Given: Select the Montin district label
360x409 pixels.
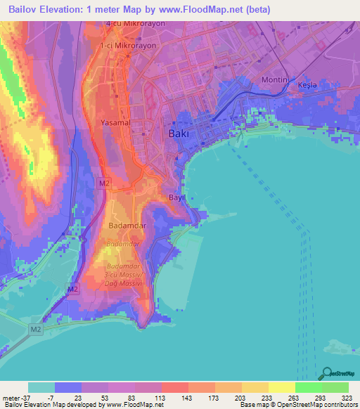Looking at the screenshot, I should tap(275, 80).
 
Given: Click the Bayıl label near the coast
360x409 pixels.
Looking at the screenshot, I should tap(175, 198).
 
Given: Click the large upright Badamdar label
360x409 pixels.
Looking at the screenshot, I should tap(127, 226).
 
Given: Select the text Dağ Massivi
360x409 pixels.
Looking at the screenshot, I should tap(124, 282).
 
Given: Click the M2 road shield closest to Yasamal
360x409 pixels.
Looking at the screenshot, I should tap(103, 183).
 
